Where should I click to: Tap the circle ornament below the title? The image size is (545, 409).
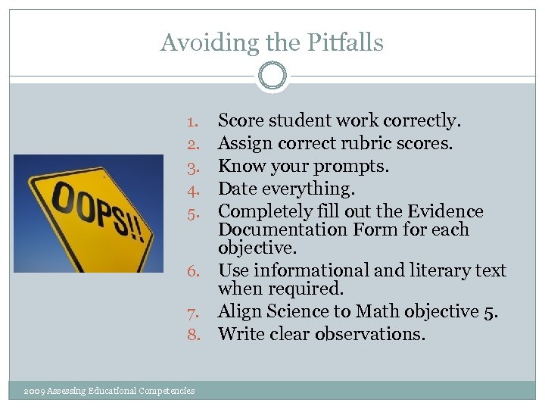[x=272, y=76]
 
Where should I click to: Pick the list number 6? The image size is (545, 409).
[x=193, y=271]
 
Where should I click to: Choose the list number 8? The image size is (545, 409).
[x=193, y=334]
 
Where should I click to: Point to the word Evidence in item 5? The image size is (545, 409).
[x=447, y=211]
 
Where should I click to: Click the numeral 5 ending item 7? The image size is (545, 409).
[x=492, y=311]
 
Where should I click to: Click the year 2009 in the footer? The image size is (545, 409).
[x=34, y=391]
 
